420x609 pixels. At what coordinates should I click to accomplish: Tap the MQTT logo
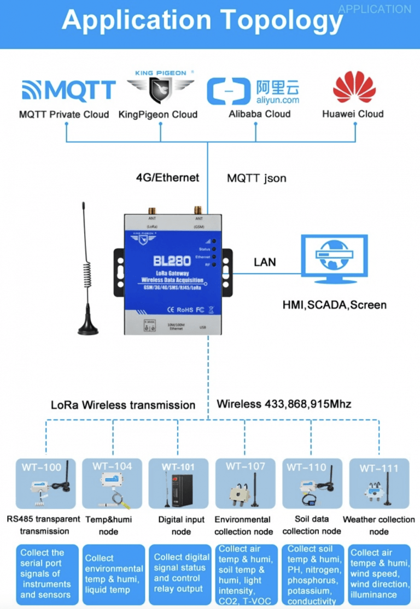tap(68, 91)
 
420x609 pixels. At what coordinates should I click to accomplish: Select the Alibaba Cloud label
tap(259, 114)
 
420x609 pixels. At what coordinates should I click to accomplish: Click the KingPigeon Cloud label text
tap(158, 115)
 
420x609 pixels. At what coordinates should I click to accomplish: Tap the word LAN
tap(265, 262)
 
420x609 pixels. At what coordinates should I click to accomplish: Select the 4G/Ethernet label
tap(167, 178)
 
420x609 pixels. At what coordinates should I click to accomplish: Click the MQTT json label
tap(256, 178)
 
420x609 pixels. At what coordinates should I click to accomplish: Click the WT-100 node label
tap(42, 467)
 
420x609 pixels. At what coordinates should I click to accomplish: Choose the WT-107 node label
tap(246, 466)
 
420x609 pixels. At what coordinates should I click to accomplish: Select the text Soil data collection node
tap(312, 525)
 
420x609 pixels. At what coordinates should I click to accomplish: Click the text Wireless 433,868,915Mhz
tap(284, 404)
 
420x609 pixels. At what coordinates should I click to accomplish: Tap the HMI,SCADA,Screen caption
tap(334, 305)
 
